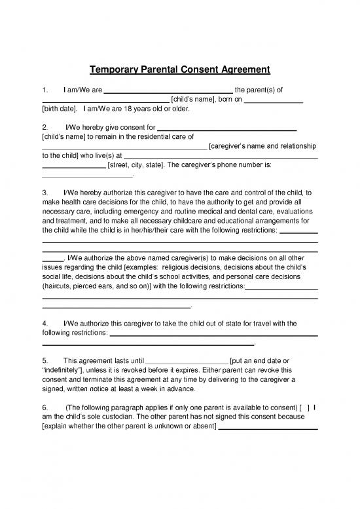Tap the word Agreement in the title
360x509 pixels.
pyautogui.click(x=242, y=69)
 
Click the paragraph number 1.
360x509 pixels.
pyautogui.click(x=44, y=90)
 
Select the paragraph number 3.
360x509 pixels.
pyautogui.click(x=44, y=194)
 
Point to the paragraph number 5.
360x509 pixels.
pyautogui.click(x=44, y=360)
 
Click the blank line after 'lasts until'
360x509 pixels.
pyautogui.click(x=187, y=361)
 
